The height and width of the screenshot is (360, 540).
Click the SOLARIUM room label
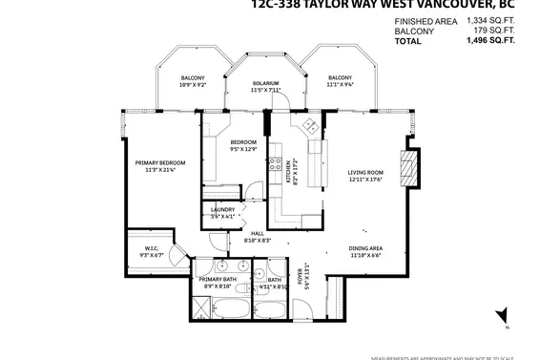[266, 84]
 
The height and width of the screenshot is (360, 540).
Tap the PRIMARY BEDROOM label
[159, 163]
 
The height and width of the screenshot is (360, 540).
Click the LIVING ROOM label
[364, 173]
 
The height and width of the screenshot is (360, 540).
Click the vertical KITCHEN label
[289, 172]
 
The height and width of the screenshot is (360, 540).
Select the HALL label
[258, 234]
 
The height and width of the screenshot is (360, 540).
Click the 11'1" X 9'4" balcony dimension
[341, 84]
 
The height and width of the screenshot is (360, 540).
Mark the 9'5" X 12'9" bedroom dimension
[243, 149]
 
